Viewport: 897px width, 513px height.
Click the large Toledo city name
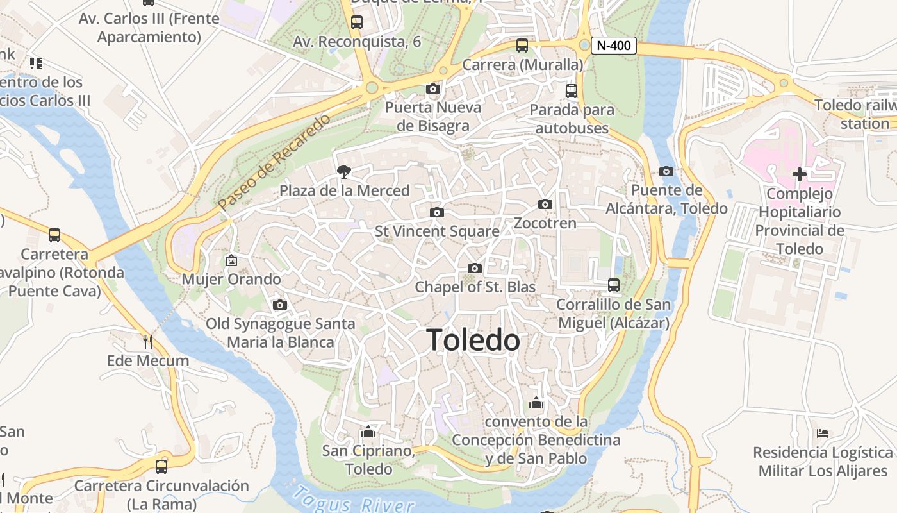coord(473,340)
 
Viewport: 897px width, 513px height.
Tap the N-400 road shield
coord(614,46)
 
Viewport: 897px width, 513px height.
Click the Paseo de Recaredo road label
coord(274,162)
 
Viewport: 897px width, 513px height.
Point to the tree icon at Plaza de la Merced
coord(344,171)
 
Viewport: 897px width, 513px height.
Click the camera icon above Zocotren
coord(545,204)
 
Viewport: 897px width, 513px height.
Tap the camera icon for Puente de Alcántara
coord(666,171)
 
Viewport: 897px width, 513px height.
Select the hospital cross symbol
coord(799,174)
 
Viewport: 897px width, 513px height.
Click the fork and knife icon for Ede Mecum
coord(148,341)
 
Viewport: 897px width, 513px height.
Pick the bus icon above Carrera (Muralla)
coord(522,46)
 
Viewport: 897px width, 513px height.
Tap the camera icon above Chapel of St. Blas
coord(474,268)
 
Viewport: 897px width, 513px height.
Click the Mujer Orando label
coord(231,280)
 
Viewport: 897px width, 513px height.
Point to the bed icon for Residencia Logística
coord(823,433)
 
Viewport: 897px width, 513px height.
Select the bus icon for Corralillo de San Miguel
coord(614,285)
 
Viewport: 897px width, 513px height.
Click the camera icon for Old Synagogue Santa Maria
coord(280,305)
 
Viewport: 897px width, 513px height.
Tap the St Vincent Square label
coord(437,231)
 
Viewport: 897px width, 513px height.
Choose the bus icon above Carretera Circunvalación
coord(161,466)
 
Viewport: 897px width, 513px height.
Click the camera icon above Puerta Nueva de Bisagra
coord(433,88)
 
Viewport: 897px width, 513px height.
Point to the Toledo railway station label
coord(855,114)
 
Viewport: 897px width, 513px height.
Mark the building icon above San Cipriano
coord(368,432)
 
